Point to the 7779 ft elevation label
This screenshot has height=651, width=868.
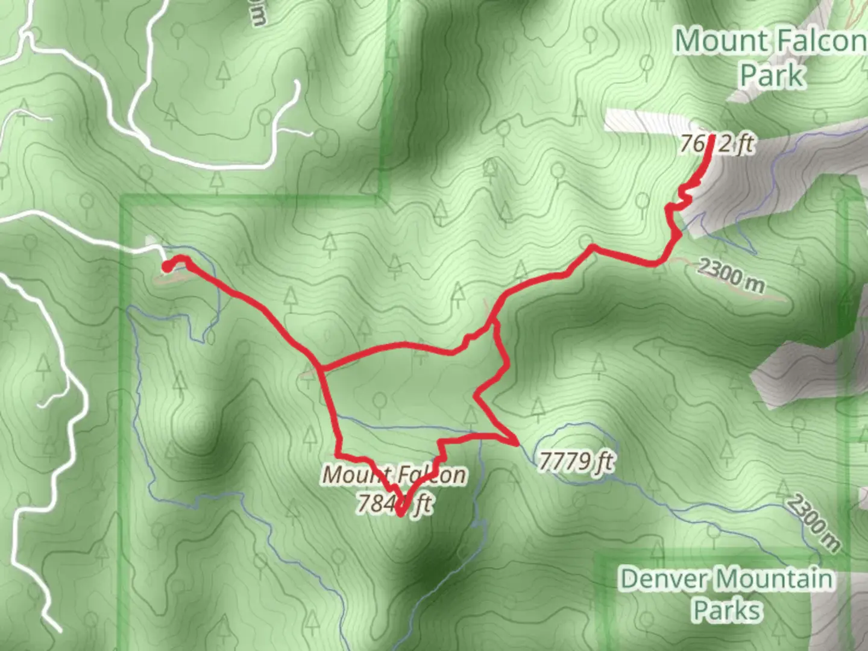click(576, 462)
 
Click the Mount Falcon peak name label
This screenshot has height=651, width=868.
click(395, 474)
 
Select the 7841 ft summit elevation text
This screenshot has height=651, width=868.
click(395, 503)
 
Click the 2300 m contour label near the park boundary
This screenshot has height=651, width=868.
click(731, 275)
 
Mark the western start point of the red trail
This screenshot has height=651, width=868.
click(166, 266)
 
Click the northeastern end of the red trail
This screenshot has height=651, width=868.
click(712, 137)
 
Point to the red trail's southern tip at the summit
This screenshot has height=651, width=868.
click(400, 514)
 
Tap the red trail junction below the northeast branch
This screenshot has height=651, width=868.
click(494, 323)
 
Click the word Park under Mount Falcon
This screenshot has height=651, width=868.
click(772, 75)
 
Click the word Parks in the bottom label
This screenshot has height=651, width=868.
click(726, 610)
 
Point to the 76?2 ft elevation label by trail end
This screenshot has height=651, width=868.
click(717, 145)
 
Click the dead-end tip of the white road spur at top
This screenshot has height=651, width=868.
click(297, 83)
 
